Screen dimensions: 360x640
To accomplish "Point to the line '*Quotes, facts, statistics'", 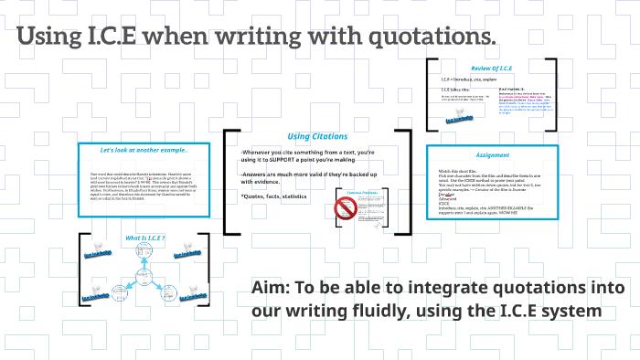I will click(275, 197).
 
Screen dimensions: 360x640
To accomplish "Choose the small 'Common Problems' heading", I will click(364, 194).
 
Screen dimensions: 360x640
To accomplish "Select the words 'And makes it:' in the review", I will click(512, 90).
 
